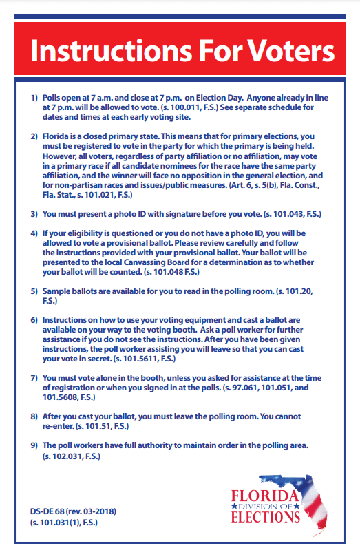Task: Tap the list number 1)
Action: point(34,98)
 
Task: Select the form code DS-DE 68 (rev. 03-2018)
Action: point(72,512)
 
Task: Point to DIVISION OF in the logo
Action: point(266,507)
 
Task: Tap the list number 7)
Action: point(34,379)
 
